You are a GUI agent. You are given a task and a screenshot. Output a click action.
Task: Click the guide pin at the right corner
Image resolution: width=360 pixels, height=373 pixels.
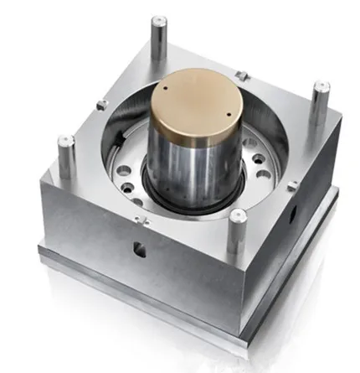[319, 101]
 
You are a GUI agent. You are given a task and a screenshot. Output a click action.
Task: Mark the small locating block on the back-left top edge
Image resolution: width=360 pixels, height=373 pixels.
[101, 104]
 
